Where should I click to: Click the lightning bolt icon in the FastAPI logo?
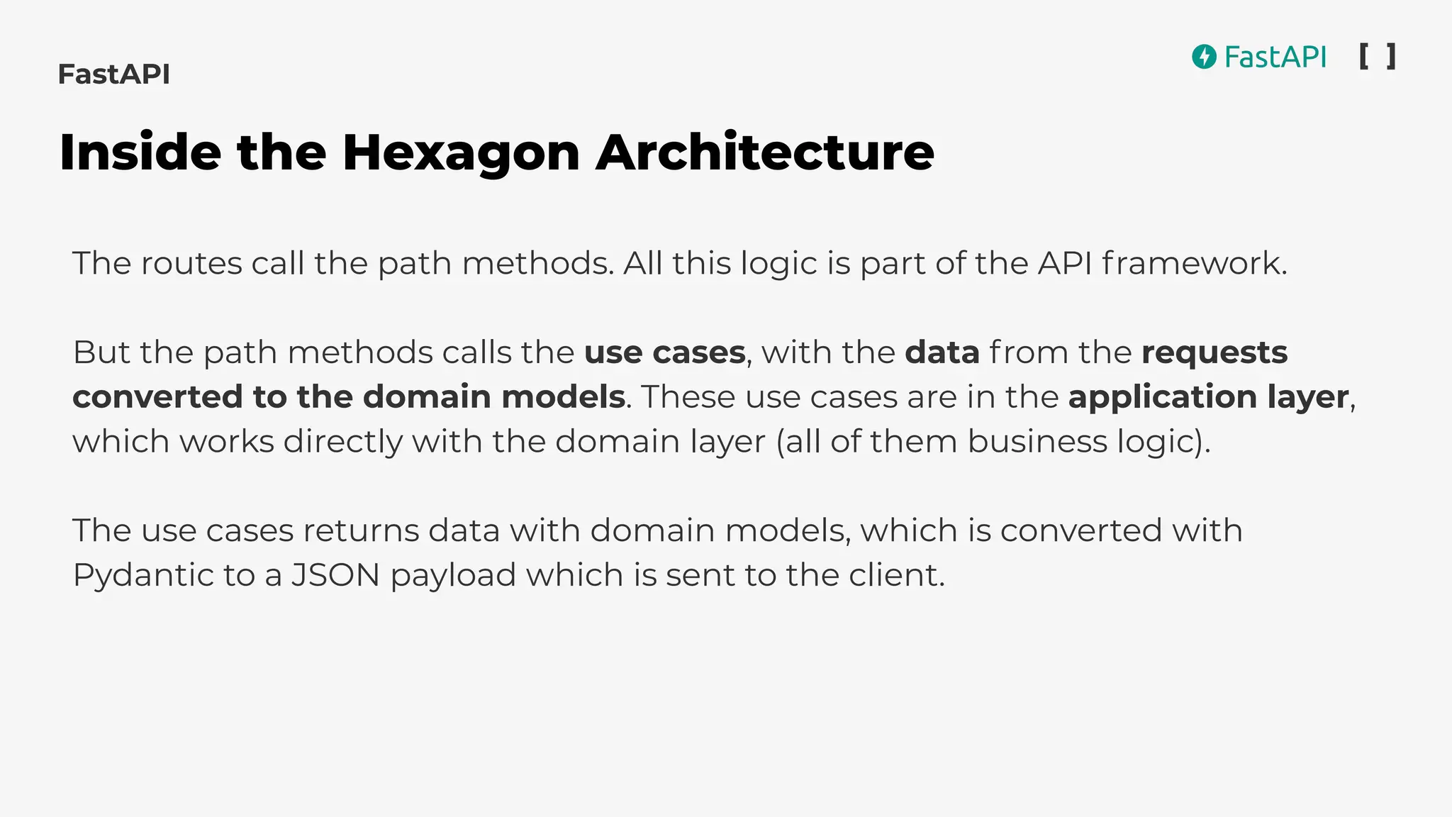pyautogui.click(x=1204, y=57)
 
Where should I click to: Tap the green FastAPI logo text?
pyautogui.click(x=1275, y=57)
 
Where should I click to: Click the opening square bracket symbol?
pyautogui.click(x=1363, y=56)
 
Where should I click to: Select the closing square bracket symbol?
pyautogui.click(x=1392, y=56)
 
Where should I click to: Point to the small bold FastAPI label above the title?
pyautogui.click(x=113, y=74)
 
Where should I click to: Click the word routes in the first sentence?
pyautogui.click(x=191, y=264)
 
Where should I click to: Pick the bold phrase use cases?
pyautogui.click(x=664, y=352)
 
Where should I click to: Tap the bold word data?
pyautogui.click(x=942, y=352)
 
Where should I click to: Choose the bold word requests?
pyautogui.click(x=1214, y=352)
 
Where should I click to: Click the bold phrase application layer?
pyautogui.click(x=1208, y=397)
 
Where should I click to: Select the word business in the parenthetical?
pyautogui.click(x=1037, y=441)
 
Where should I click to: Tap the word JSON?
pyautogui.click(x=336, y=575)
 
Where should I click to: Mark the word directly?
pyautogui.click(x=343, y=441)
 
